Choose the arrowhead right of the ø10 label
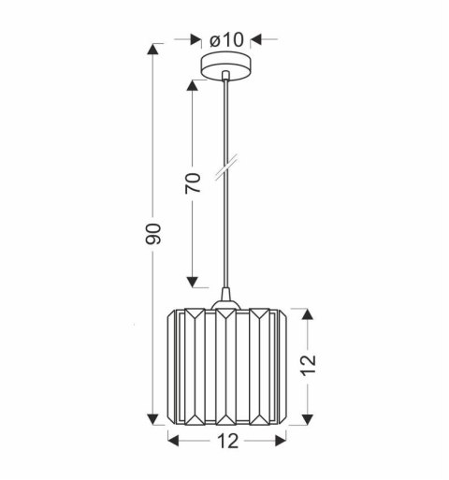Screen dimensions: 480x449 [258, 39]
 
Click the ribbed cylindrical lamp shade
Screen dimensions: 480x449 [225, 365]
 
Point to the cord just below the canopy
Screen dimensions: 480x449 [225, 94]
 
